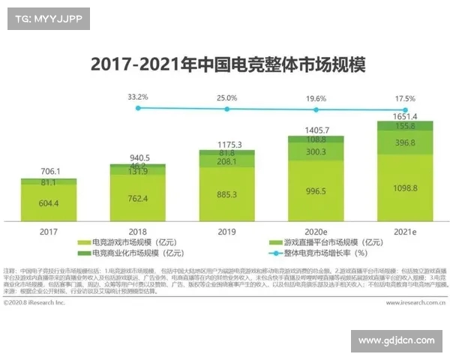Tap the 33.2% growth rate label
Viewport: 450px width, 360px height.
[137, 97]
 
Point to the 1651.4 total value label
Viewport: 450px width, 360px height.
[404, 116]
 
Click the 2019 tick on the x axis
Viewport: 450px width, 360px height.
[226, 232]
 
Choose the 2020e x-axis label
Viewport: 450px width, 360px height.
[316, 232]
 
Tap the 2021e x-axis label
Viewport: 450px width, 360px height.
[404, 232]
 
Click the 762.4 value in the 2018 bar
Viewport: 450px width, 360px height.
[138, 199]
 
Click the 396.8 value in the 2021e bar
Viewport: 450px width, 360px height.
[404, 142]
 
